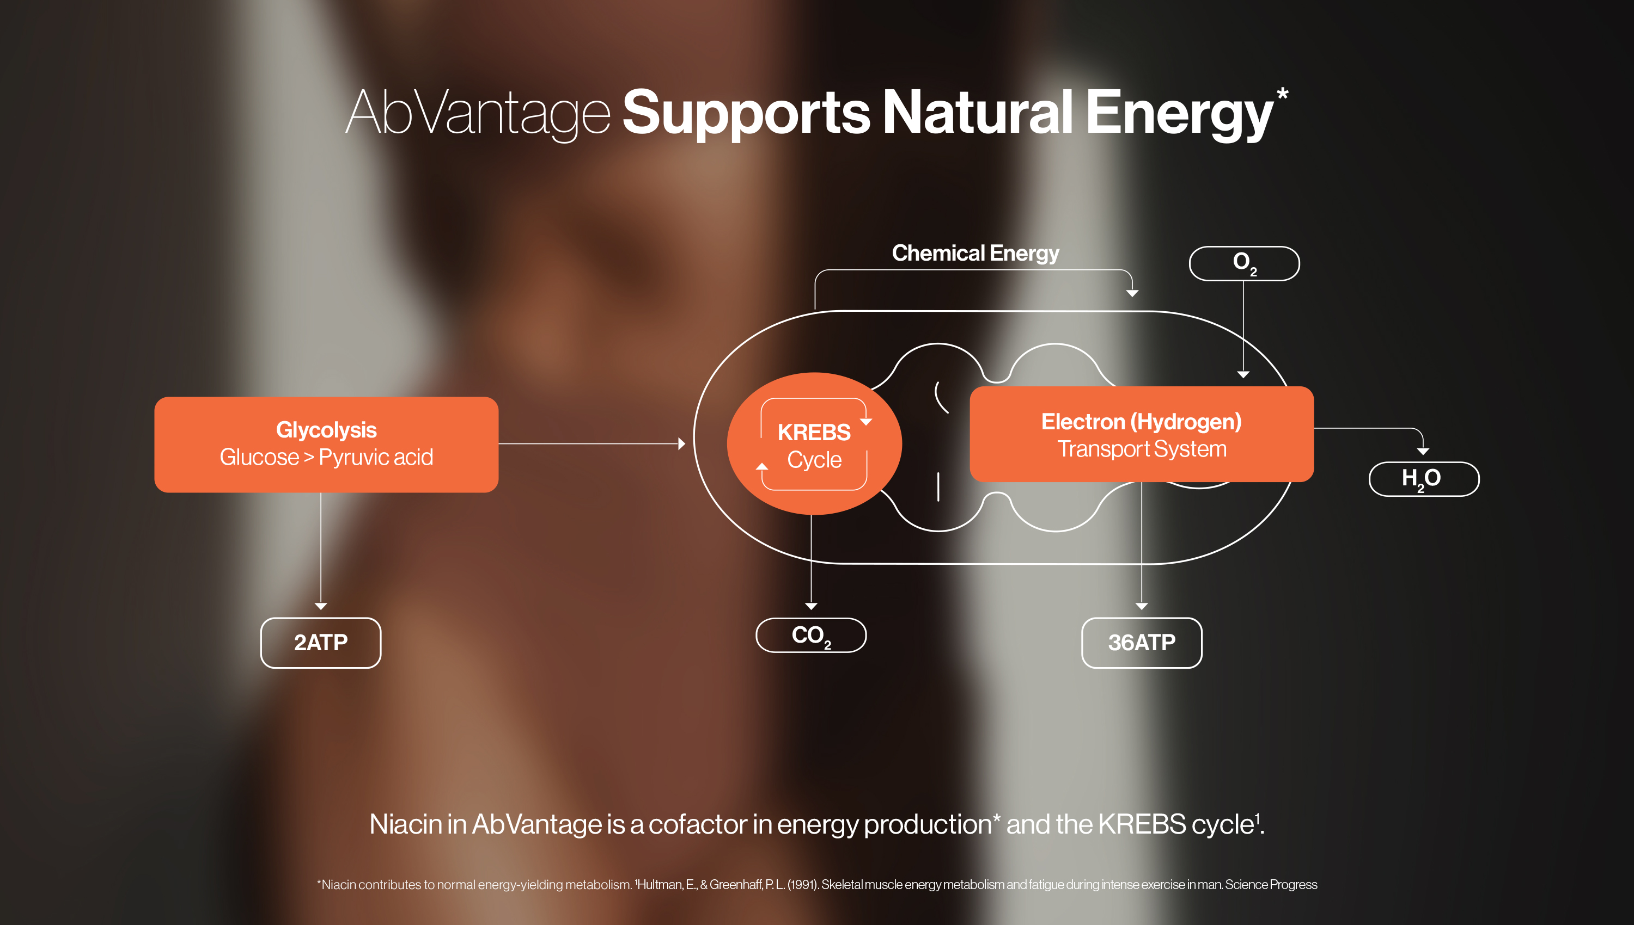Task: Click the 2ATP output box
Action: coord(320,642)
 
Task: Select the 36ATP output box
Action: coord(1141,642)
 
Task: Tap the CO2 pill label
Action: coord(810,636)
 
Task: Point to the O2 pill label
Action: coord(1244,263)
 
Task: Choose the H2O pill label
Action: coord(1424,478)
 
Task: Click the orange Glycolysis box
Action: coord(326,444)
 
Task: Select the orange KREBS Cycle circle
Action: coord(814,444)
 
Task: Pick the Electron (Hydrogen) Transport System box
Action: coord(1141,435)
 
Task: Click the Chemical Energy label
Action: coord(975,253)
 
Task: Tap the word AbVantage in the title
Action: coord(478,113)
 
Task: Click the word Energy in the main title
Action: coord(1179,113)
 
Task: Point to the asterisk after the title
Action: coord(1282,95)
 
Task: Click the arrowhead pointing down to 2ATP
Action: coord(320,606)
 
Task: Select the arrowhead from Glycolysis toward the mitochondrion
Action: coord(681,443)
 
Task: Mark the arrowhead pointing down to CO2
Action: coord(810,606)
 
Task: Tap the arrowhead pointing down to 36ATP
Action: coord(1141,606)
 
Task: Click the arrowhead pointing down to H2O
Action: coord(1423,451)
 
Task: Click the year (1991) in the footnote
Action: coord(802,884)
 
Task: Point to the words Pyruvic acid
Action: coord(376,458)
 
